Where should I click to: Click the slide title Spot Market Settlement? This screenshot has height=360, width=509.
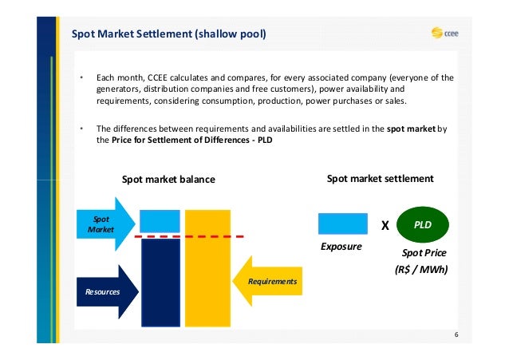[x=169, y=34]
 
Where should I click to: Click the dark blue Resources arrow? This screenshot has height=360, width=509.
[x=105, y=291]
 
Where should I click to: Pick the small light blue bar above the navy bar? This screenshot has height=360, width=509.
[x=160, y=220]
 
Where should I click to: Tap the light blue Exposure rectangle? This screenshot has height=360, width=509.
[x=343, y=224]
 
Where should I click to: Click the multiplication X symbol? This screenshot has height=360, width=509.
[x=385, y=226]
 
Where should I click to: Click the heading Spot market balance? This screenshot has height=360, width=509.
[x=168, y=180]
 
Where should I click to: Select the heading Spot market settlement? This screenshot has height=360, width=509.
[x=381, y=179]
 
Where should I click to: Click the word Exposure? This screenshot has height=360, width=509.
[x=341, y=247]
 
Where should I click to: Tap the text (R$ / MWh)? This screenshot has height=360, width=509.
[x=421, y=270]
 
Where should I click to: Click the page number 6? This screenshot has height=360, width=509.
[x=456, y=334]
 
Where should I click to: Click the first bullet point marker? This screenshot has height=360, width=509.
[x=81, y=78]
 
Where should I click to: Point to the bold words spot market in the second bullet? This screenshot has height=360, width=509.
[x=412, y=128]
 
